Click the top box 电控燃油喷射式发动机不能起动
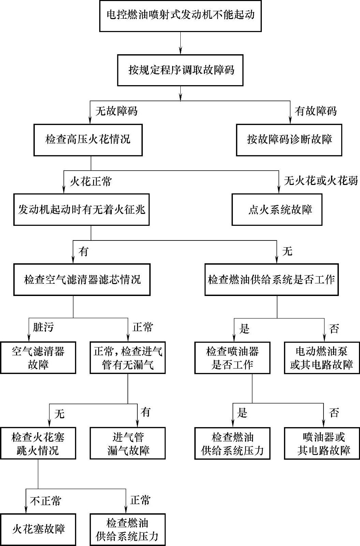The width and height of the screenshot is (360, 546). (x=180, y=16)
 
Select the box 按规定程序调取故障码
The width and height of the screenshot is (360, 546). (x=180, y=70)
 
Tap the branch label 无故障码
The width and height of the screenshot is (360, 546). (x=116, y=111)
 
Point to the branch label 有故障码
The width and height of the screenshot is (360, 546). (x=315, y=111)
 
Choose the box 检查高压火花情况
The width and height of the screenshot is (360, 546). (x=88, y=140)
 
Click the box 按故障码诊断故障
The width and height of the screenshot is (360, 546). (x=289, y=140)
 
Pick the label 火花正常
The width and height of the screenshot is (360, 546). (x=91, y=181)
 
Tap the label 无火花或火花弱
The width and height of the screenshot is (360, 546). (x=321, y=181)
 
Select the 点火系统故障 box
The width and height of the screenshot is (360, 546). (x=277, y=209)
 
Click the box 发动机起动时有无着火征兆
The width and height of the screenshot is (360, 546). (x=81, y=209)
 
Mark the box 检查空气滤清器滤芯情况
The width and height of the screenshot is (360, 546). (x=82, y=280)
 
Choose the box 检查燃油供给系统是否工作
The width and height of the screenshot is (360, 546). (x=271, y=280)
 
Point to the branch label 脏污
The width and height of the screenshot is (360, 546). (x=43, y=327)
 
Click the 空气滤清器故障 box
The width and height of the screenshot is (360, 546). (x=38, y=358)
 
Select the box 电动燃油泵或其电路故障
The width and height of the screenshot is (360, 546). (x=322, y=358)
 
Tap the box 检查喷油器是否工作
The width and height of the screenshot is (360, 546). (x=232, y=358)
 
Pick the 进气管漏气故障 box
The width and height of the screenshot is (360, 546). (x=128, y=443)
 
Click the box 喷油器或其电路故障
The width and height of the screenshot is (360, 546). (x=322, y=443)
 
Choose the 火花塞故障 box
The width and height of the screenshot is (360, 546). (x=38, y=529)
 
